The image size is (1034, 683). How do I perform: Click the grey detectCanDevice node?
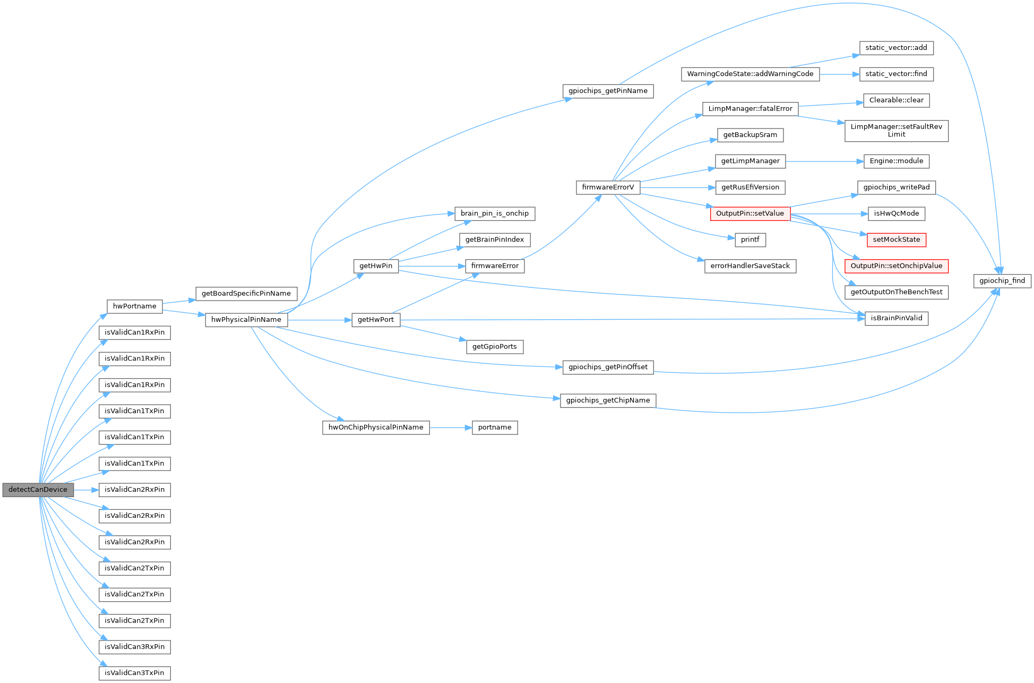[38, 490]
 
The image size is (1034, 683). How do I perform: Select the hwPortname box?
[135, 306]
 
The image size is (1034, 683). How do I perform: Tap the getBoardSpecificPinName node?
[246, 294]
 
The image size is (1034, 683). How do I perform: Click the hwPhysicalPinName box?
[246, 320]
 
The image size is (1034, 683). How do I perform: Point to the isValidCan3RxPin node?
[135, 647]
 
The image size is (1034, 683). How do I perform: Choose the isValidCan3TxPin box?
[135, 673]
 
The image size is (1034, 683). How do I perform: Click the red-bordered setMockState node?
[897, 240]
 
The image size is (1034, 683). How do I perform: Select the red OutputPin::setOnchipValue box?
[897, 266]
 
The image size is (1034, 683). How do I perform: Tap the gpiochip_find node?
[1002, 281]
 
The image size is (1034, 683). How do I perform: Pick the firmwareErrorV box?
[608, 187]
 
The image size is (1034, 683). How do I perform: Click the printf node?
[750, 240]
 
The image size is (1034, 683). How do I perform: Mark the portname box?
[495, 428]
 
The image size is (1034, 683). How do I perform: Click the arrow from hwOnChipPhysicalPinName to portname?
[451, 428]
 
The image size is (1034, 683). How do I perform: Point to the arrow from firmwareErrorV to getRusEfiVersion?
[677, 187]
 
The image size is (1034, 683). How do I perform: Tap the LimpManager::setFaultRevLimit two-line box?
[897, 131]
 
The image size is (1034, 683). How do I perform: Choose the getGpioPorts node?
[495, 347]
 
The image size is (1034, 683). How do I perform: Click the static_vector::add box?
[897, 48]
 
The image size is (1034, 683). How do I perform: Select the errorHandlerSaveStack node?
[750, 266]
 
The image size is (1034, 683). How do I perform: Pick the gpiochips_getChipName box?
[608, 400]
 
